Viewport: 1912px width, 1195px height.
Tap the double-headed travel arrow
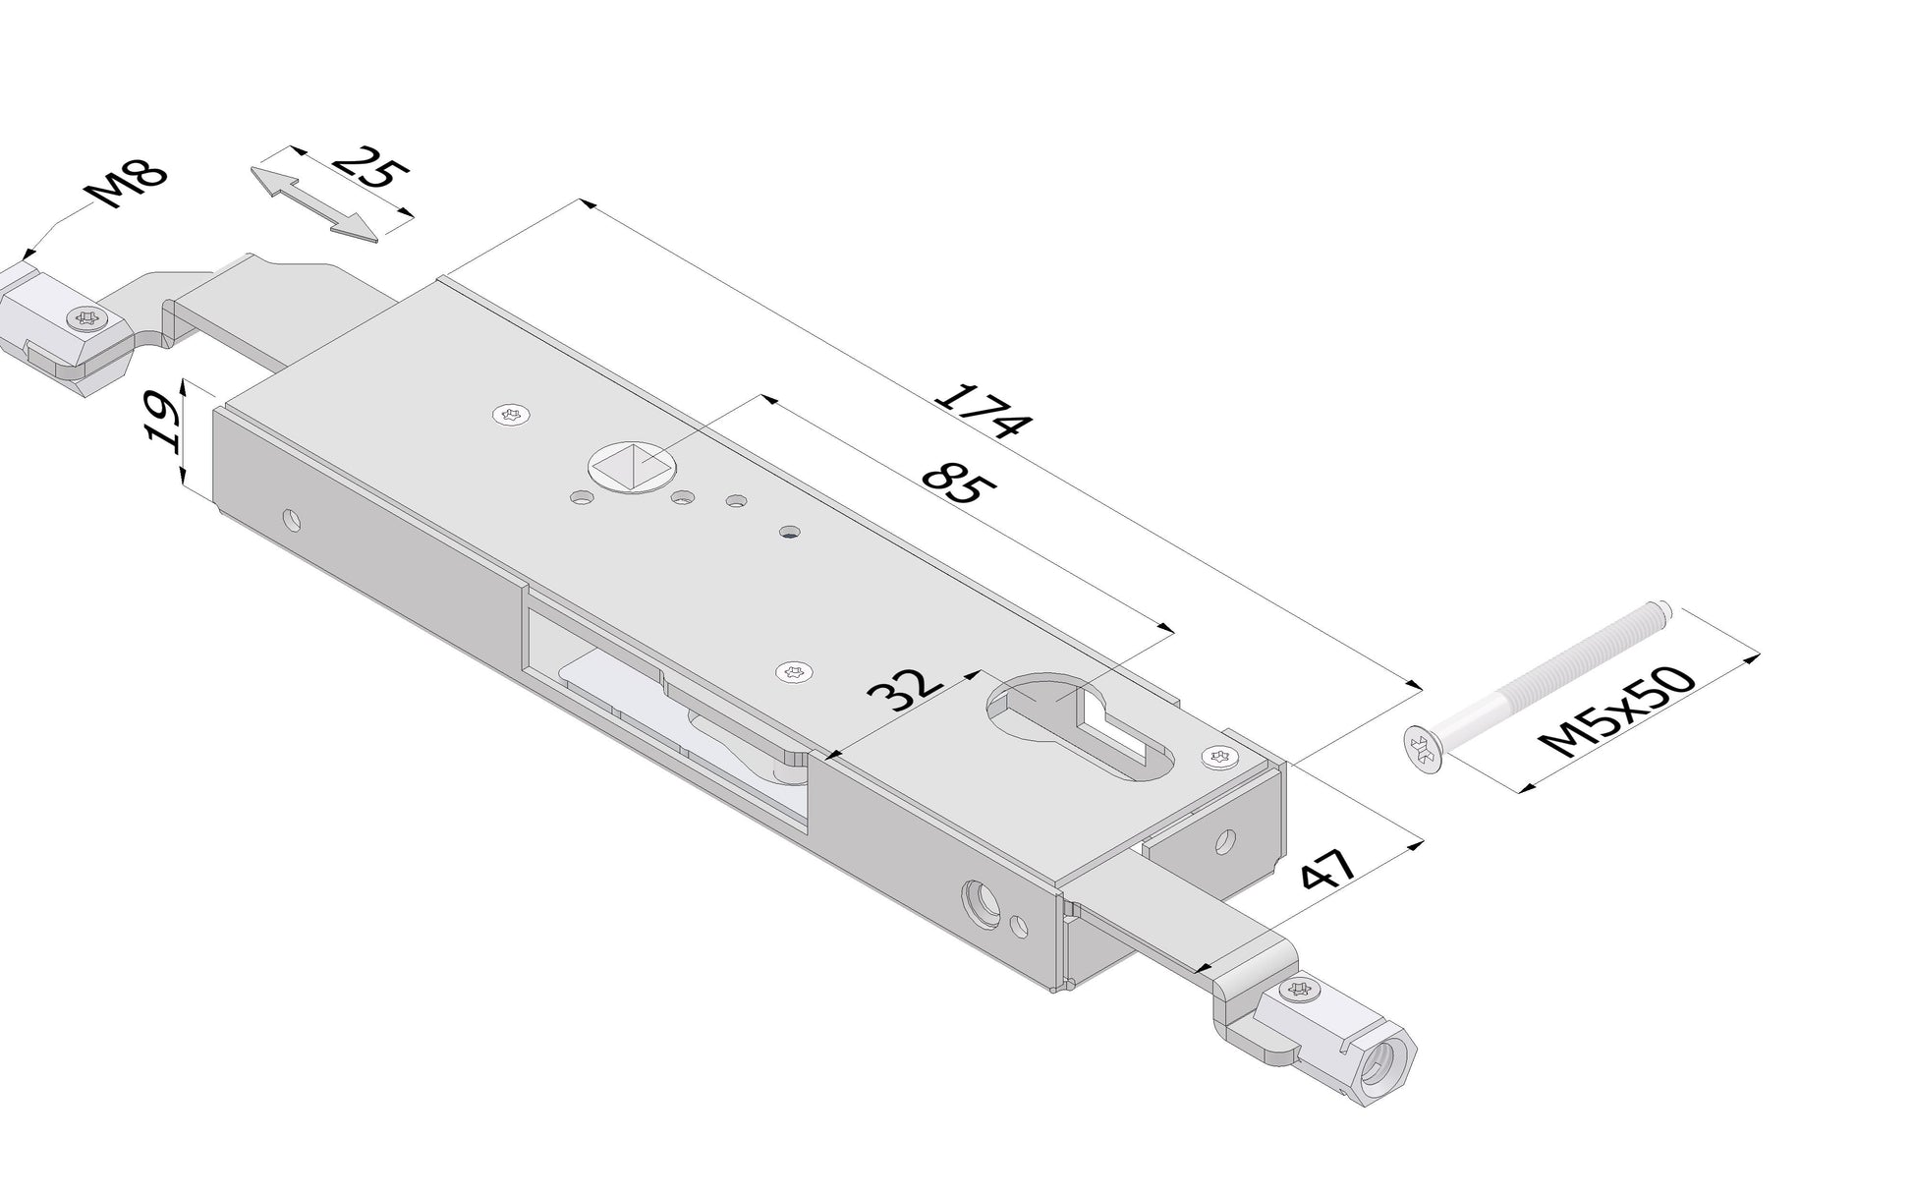pos(313,202)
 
